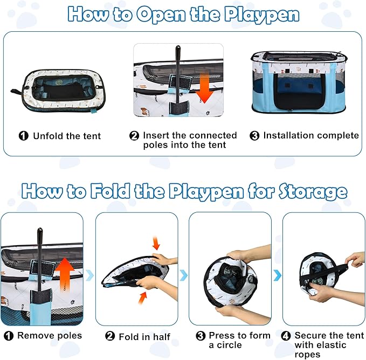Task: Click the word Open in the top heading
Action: coord(161,15)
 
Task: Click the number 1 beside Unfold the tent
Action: coord(24,136)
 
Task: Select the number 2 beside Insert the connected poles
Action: coord(134,136)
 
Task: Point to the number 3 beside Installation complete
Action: coord(254,136)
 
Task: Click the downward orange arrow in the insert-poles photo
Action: coord(204,87)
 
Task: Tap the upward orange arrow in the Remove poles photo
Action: coord(65,275)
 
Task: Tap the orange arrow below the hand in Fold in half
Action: coord(143,298)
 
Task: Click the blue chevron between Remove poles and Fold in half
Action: coord(90,275)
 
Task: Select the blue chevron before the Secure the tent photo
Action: coord(277,275)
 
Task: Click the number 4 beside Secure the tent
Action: coord(286,336)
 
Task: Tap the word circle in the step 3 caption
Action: coord(229,345)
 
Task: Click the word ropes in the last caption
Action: coord(307,355)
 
